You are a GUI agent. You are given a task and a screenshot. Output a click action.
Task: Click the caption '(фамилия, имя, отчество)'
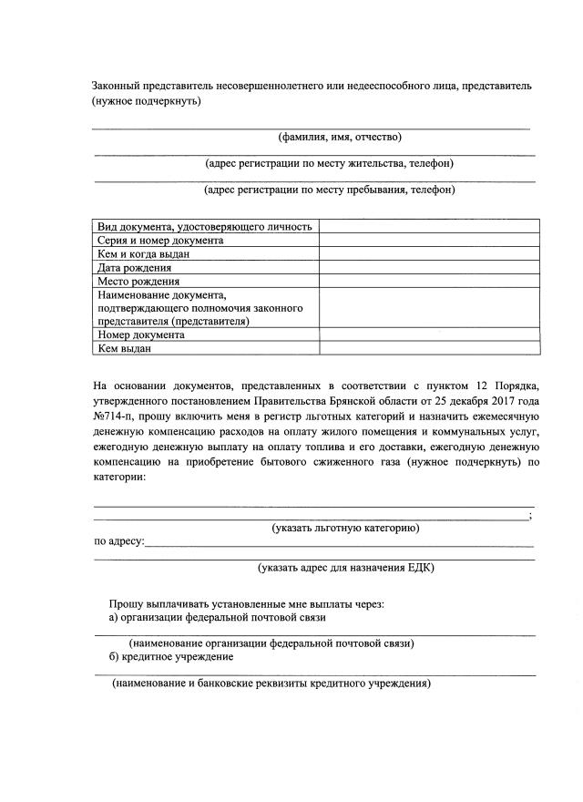(339, 138)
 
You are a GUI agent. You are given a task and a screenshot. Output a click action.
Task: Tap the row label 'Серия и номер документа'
(159, 241)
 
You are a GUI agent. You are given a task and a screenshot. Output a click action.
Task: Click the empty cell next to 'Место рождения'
(429, 282)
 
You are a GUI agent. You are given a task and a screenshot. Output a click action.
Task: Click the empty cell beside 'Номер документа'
(429, 334)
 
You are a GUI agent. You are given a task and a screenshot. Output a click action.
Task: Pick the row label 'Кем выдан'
(124, 348)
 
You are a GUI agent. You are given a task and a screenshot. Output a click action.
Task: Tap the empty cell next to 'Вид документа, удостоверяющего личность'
(429, 227)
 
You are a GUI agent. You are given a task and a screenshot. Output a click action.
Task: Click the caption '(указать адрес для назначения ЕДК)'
(346, 568)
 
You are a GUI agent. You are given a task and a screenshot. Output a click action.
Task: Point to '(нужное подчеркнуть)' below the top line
(146, 100)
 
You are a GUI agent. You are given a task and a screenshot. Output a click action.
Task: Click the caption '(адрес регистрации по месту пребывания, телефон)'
(330, 190)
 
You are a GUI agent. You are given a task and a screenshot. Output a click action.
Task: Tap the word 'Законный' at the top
(117, 85)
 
